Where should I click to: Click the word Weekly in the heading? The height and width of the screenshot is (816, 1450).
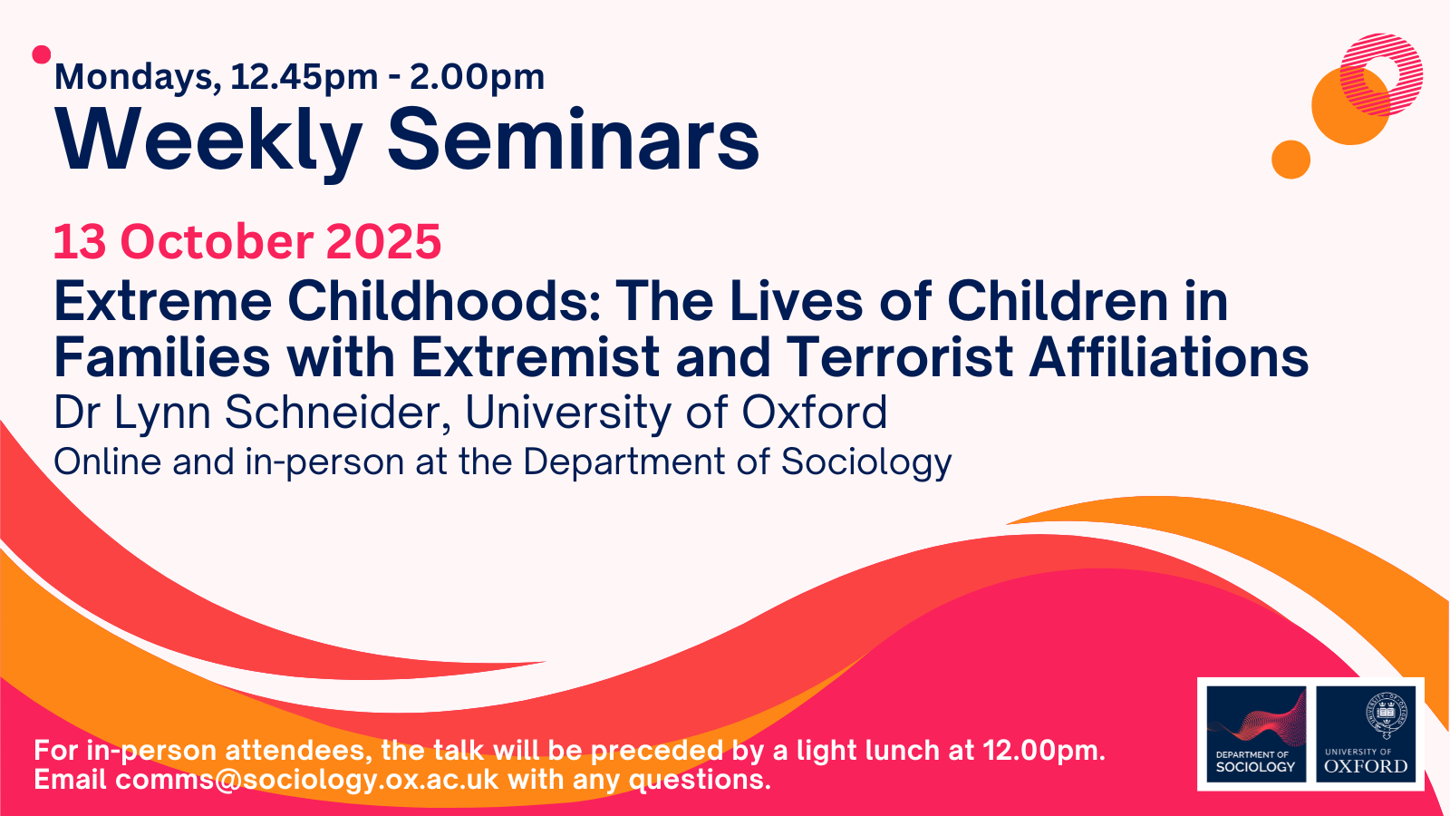coord(208,141)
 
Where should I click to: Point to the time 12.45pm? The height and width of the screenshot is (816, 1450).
coord(304,78)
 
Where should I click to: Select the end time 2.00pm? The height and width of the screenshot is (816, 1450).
coord(477,78)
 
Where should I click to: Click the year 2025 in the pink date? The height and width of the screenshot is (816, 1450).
coord(383,241)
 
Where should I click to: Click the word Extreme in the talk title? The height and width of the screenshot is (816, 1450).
coord(163,301)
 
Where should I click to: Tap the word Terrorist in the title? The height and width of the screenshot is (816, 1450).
coord(899,357)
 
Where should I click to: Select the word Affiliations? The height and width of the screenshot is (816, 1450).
coord(1168,357)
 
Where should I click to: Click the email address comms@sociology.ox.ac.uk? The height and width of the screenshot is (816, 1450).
coord(307,779)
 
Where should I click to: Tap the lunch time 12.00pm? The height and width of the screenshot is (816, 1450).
coord(1043,751)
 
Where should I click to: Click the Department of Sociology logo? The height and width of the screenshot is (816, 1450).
coord(1256,734)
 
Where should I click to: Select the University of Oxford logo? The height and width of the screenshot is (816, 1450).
coord(1366,734)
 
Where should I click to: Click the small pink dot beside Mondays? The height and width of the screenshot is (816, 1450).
coord(42,55)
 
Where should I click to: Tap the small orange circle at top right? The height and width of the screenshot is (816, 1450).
coord(1290,159)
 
